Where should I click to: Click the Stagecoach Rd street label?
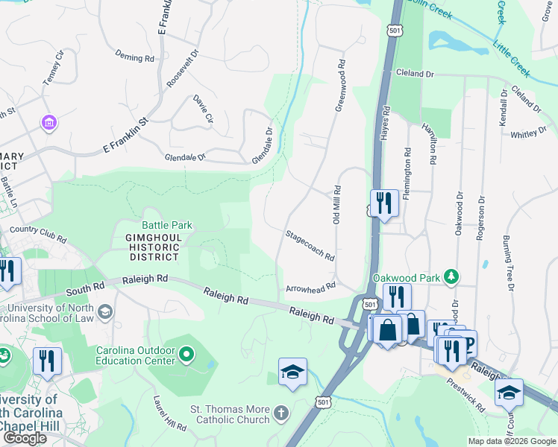[x=309, y=245]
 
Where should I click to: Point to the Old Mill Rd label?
[x=336, y=205]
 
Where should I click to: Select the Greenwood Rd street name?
[x=342, y=86]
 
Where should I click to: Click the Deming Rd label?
[x=134, y=56]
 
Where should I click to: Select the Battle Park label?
[x=167, y=225]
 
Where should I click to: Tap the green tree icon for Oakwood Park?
[x=450, y=277]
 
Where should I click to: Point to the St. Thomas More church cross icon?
[x=280, y=411]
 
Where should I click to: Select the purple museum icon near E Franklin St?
[x=49, y=122]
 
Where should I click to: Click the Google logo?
[x=25, y=438]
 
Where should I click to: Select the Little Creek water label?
[x=511, y=60]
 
